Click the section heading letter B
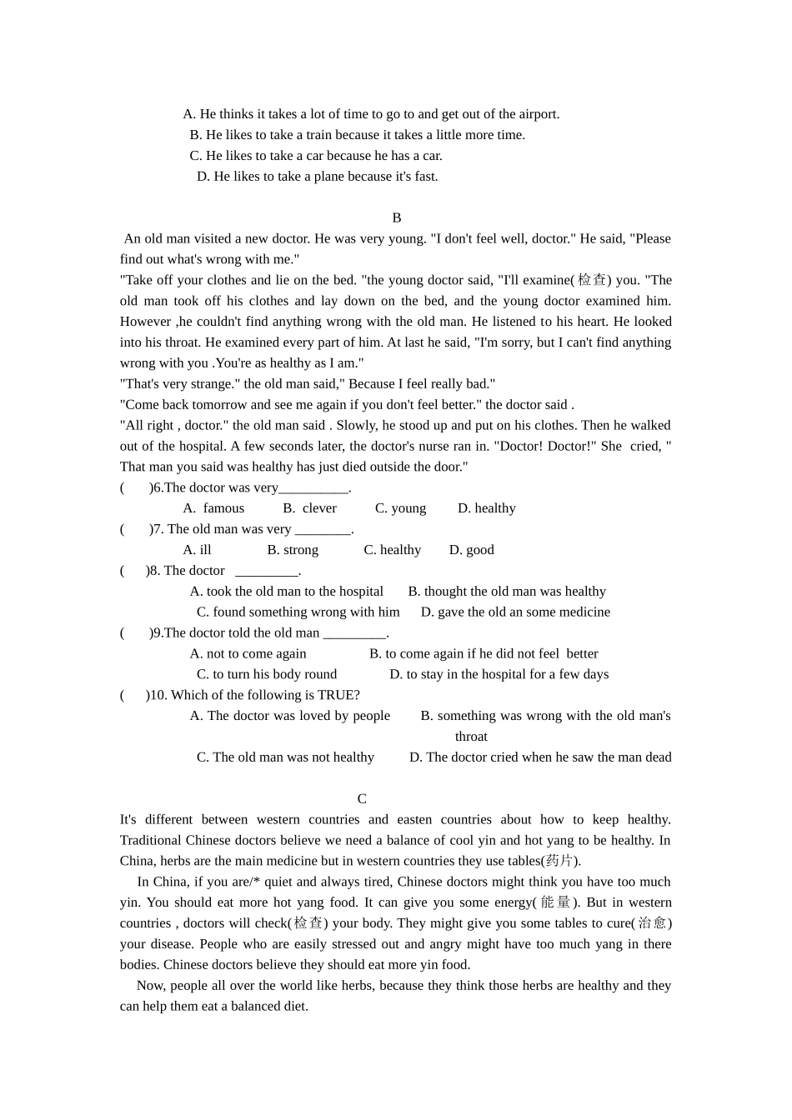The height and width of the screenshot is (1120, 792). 397,217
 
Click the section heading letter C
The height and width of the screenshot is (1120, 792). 362,798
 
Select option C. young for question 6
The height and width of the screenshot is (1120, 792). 400,508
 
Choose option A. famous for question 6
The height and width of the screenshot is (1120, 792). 213,508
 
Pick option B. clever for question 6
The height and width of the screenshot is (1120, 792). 309,508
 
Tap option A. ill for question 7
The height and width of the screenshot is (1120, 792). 198,550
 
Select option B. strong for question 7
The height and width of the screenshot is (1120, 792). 293,550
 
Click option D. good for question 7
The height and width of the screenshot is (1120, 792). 471,550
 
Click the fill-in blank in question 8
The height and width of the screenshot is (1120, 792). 266,572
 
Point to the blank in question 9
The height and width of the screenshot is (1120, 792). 354,633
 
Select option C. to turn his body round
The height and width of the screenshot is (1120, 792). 267,674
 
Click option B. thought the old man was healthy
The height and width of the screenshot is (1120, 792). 507,591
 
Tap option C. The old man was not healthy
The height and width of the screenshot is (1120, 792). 285,757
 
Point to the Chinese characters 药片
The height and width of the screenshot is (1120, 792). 559,861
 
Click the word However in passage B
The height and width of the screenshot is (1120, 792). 146,322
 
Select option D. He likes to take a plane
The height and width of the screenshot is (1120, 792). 317,176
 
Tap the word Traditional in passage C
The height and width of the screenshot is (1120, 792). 151,840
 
